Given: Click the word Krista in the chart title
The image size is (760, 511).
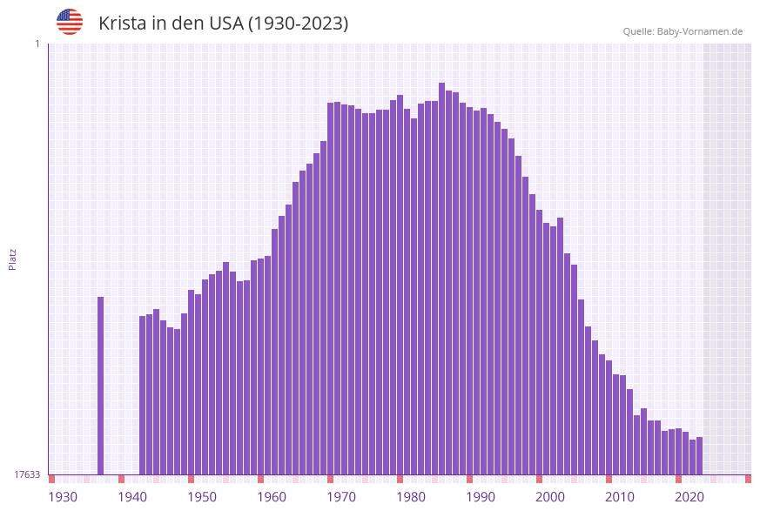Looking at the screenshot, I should pyautogui.click(x=122, y=24).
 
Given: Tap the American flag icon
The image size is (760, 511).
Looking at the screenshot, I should pyautogui.click(x=70, y=22).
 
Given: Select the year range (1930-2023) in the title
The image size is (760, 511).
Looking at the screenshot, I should pyautogui.click(x=299, y=24).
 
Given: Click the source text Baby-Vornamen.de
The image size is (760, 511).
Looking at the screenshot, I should pyautogui.click(x=700, y=31).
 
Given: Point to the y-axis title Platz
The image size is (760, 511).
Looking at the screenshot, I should pyautogui.click(x=13, y=259).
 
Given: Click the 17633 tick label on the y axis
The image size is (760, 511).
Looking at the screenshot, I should pyautogui.click(x=27, y=474).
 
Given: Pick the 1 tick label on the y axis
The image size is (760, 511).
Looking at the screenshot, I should pyautogui.click(x=37, y=44).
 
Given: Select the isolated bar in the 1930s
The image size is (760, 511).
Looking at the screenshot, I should pyautogui.click(x=101, y=385).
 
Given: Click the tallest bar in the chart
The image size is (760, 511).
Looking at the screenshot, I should pyautogui.click(x=442, y=279).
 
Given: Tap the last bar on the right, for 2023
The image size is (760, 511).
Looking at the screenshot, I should pyautogui.click(x=699, y=455).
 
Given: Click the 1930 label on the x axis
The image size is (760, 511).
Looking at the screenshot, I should pyautogui.click(x=63, y=497).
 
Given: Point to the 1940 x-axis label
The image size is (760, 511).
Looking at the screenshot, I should pyautogui.click(x=132, y=497).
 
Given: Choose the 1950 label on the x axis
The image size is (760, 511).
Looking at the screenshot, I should pyautogui.click(x=202, y=497).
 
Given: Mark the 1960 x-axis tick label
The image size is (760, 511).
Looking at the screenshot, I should pyautogui.click(x=272, y=497).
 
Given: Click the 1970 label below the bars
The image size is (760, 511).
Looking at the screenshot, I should pyautogui.click(x=341, y=497).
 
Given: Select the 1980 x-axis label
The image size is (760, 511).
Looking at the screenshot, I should pyautogui.click(x=411, y=497).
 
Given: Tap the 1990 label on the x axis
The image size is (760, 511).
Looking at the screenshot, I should pyautogui.click(x=481, y=497).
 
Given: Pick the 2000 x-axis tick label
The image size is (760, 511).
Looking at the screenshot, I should pyautogui.click(x=550, y=497).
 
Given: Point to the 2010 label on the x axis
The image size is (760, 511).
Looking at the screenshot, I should pyautogui.click(x=620, y=497).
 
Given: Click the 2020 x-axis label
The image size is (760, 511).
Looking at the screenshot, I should pyautogui.click(x=689, y=497).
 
